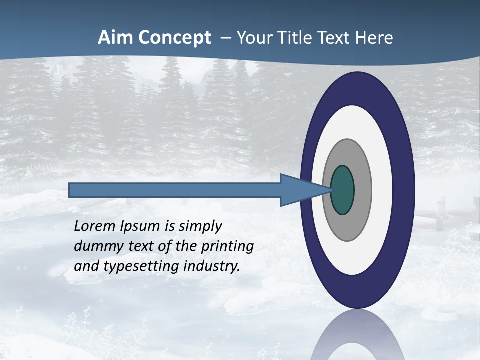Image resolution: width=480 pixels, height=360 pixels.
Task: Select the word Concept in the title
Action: [x=174, y=38]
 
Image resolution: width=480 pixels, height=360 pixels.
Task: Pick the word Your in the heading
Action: [x=252, y=38]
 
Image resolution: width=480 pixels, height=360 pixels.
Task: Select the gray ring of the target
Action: [x=362, y=190]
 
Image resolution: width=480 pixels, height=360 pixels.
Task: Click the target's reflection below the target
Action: [x=358, y=337]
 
